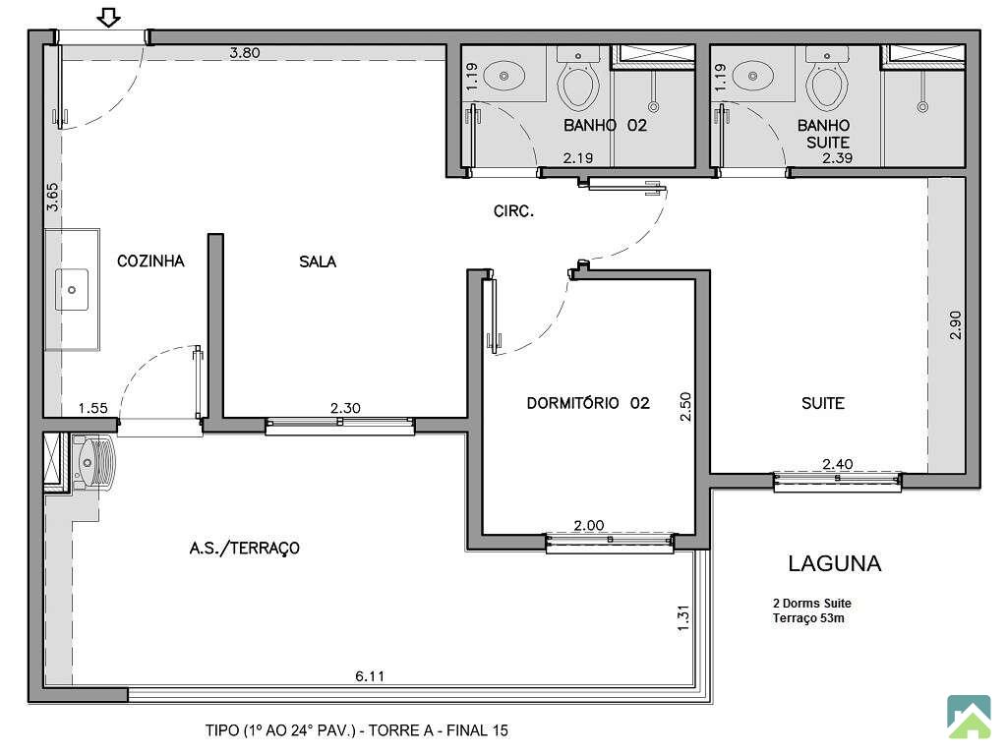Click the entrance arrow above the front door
click(109, 18)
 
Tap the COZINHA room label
click(150, 261)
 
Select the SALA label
click(318, 261)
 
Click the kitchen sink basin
click(71, 290)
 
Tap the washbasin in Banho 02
click(503, 76)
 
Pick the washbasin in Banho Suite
click(752, 76)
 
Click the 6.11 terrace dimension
click(370, 676)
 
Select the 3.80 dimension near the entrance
click(245, 53)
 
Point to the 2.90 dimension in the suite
click(956, 325)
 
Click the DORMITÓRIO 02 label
click(588, 403)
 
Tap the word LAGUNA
click(834, 563)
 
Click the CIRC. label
click(513, 210)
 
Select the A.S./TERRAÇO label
click(244, 548)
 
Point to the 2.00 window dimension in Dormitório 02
click(589, 525)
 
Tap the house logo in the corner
click(969, 717)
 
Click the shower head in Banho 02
click(653, 106)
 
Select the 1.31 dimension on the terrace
click(683, 618)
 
